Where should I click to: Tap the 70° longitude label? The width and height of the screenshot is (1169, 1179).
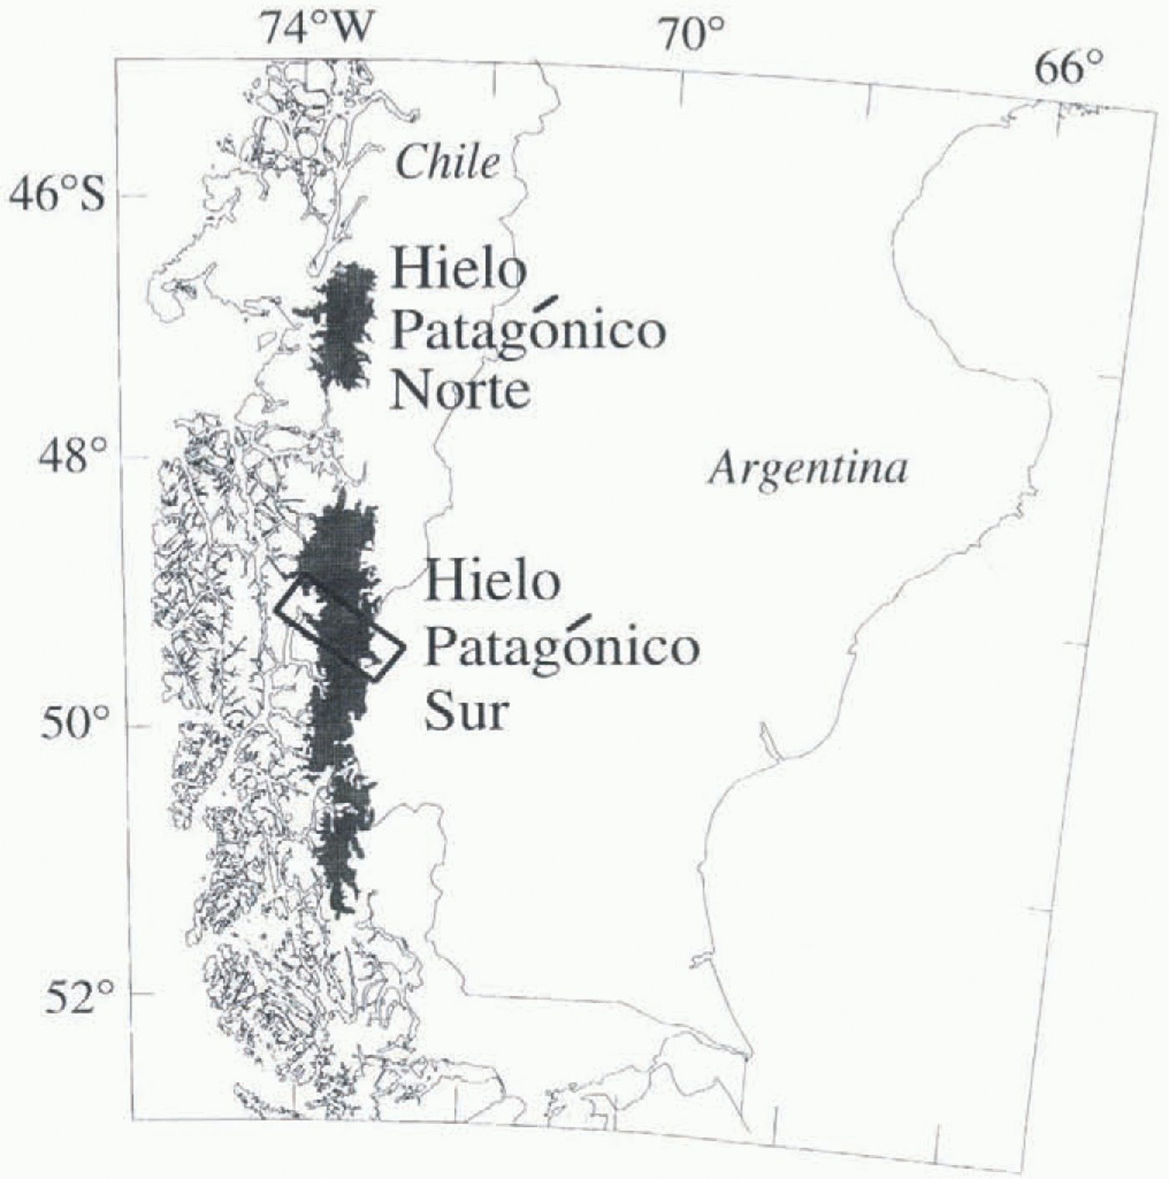pyautogui.click(x=691, y=34)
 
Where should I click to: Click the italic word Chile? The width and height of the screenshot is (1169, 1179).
pyautogui.click(x=448, y=163)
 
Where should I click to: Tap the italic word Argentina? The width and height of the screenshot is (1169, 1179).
pyautogui.click(x=807, y=469)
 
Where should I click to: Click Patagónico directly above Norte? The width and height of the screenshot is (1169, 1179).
pyautogui.click(x=529, y=331)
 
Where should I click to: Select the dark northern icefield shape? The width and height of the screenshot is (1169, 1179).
pyautogui.click(x=341, y=326)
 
